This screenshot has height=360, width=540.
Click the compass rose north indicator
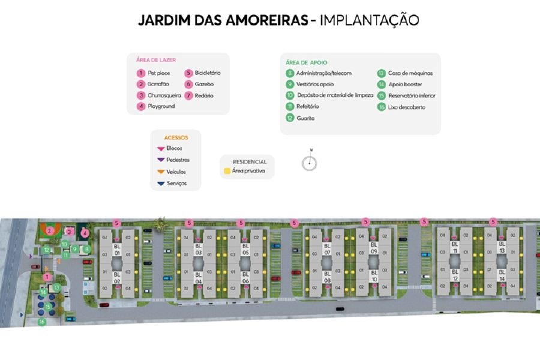pyautogui.click(x=310, y=162)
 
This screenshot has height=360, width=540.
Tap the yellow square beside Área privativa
pyautogui.click(x=227, y=171)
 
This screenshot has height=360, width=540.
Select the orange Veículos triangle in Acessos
pyautogui.click(x=160, y=172)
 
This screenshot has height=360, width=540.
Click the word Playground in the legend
pyautogui.click(x=161, y=106)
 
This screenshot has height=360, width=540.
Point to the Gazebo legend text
pyautogui.click(x=204, y=85)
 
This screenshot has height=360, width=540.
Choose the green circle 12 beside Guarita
pyautogui.click(x=290, y=118)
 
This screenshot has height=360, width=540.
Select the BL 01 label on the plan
pyautogui.click(x=117, y=249)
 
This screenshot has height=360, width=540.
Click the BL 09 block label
pyautogui.click(x=374, y=248)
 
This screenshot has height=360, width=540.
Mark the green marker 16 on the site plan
pyautogui.click(x=42, y=322)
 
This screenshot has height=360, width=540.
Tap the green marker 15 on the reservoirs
pyautogui.click(x=48, y=307)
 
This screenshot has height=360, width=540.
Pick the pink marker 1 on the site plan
pyautogui.click(x=47, y=277)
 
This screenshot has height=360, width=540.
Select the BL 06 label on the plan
pyautogui.click(x=245, y=277)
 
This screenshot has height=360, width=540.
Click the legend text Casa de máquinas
pyautogui.click(x=410, y=73)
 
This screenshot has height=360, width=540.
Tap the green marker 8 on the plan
pyautogui.click(x=87, y=249)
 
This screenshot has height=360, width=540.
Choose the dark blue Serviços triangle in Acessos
pyautogui.click(x=160, y=183)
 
